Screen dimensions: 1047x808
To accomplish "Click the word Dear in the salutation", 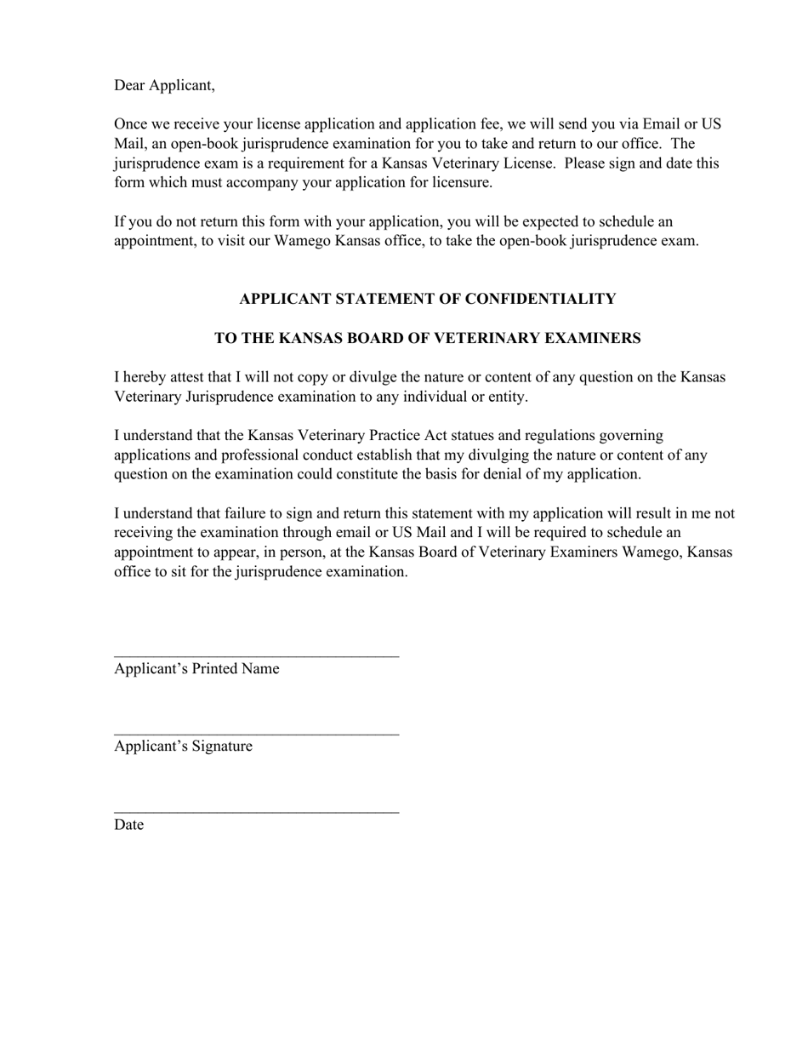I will [129, 86].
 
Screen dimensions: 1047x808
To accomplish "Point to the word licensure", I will [460, 182].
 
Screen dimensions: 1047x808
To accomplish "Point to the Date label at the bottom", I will [128, 825].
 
